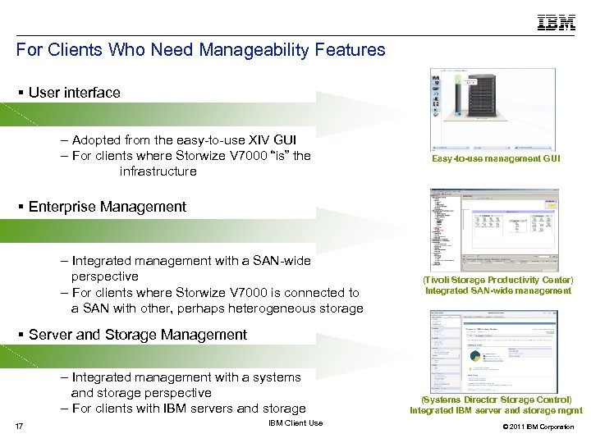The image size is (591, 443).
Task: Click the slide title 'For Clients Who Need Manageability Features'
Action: (200, 50)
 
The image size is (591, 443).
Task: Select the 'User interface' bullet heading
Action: (74, 93)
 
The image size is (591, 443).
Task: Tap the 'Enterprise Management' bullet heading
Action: (107, 207)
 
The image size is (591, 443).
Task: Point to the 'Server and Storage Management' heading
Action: (137, 335)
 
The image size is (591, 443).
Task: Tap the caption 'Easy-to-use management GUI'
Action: (497, 158)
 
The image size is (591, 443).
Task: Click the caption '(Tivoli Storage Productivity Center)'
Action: (497, 281)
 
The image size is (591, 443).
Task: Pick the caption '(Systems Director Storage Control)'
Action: (497, 400)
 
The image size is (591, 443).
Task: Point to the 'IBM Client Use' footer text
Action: (295, 423)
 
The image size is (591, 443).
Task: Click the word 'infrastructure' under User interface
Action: (158, 171)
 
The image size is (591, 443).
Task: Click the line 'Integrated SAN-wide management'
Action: (497, 291)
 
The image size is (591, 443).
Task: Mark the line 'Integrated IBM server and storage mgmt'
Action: (497, 410)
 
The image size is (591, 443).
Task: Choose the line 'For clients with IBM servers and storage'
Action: (189, 409)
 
